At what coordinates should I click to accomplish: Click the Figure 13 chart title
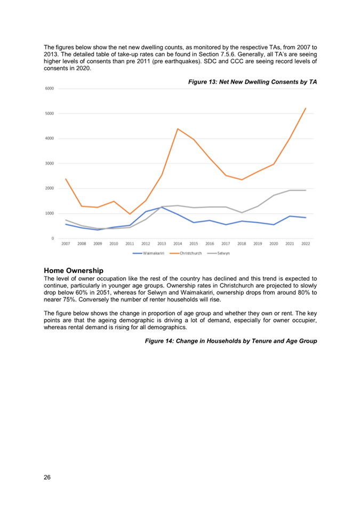[252, 82]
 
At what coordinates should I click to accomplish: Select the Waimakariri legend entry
[148, 253]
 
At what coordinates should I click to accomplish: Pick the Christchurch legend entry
[186, 253]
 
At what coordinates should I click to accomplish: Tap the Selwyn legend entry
[218, 253]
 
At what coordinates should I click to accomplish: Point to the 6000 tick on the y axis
[50, 88]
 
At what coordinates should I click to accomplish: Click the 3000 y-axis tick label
[50, 164]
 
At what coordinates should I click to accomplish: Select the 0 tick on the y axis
[53, 239]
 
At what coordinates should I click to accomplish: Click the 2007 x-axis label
[66, 244]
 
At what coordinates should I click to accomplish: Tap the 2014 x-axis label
[178, 244]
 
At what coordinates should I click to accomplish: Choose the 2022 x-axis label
[306, 244]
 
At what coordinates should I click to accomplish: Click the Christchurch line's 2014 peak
[178, 129]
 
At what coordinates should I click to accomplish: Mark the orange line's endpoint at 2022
[306, 108]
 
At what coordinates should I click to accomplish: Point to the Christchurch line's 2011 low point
[130, 214]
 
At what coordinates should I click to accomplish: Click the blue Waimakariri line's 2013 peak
[162, 207]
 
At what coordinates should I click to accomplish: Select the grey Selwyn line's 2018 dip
[242, 213]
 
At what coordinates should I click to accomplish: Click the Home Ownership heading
[74, 271]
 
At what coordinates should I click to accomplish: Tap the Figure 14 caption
[231, 341]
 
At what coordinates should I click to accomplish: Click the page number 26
[47, 477]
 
